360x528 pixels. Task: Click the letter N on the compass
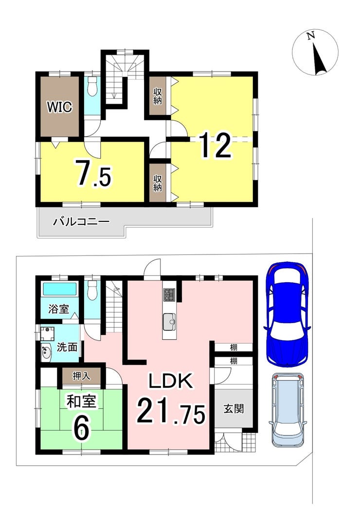[311, 36]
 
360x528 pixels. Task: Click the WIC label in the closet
[59, 107]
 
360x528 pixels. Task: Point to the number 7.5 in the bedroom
[93, 173]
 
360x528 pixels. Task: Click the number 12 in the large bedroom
[216, 145]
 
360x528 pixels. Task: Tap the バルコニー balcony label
[81, 221]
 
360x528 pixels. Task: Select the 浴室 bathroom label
[58, 309]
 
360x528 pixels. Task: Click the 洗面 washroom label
[67, 347]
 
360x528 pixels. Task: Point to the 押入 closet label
[82, 376]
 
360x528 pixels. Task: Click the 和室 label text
[82, 402]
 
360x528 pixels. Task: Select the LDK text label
[171, 381]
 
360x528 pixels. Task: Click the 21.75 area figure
[171, 410]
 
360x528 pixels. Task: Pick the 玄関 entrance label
[234, 408]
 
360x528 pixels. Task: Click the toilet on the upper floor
[91, 87]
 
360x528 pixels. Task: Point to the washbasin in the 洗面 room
[46, 352]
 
